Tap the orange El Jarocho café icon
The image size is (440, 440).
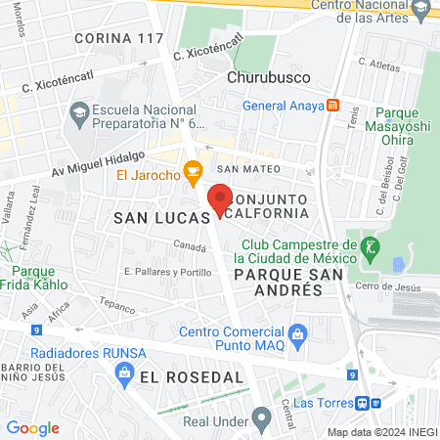(x=193, y=174)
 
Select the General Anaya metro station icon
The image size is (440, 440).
(x=333, y=106)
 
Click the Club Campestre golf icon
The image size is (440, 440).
(x=369, y=244)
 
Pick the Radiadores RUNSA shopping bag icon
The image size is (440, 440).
(x=124, y=373)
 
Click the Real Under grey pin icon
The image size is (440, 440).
(x=260, y=419)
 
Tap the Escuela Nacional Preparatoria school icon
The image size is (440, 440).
(x=77, y=116)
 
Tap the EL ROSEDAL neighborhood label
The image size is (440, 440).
(x=191, y=376)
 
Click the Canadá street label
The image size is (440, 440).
(x=190, y=245)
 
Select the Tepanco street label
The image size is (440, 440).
(x=116, y=305)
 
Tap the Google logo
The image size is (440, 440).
(x=33, y=428)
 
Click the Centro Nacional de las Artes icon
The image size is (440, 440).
(x=421, y=10)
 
